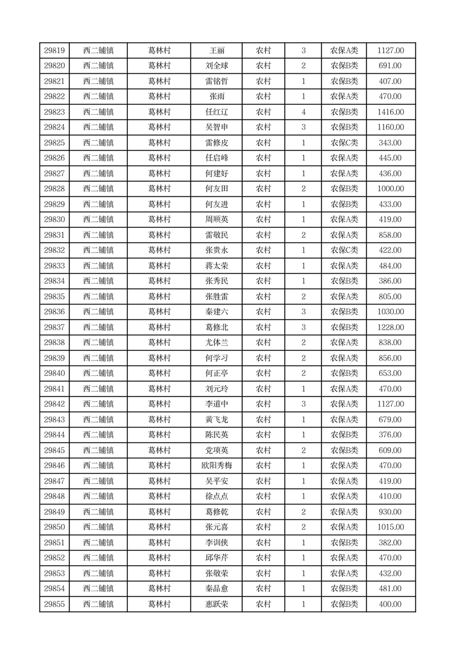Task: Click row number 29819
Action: tap(54, 51)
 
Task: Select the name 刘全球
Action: tap(217, 66)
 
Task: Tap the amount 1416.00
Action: tap(391, 112)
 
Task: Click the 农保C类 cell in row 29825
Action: tap(344, 143)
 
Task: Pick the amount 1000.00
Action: tap(391, 189)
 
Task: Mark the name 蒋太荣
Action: tap(217, 266)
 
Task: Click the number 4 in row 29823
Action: tap(304, 112)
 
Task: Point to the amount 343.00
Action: tap(391, 143)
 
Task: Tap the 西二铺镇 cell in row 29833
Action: tap(98, 266)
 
